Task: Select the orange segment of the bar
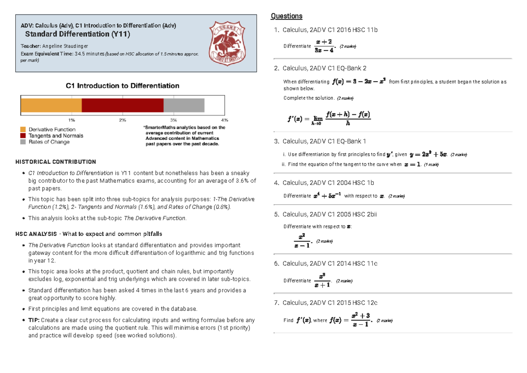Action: [51, 105]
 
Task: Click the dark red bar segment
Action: [123, 105]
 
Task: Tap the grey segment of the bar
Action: [184, 105]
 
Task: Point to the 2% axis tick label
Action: [123, 120]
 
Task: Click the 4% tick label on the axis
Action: [225, 120]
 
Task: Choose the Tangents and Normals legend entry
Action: [56, 136]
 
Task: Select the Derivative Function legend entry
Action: [52, 130]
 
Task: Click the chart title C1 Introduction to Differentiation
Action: [123, 86]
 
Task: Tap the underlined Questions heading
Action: [286, 16]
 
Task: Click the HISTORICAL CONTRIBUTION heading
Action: [56, 162]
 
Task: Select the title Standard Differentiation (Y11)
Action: [77, 34]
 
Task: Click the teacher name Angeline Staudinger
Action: [65, 46]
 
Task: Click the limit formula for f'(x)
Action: [329, 119]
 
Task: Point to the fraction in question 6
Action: [323, 280]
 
